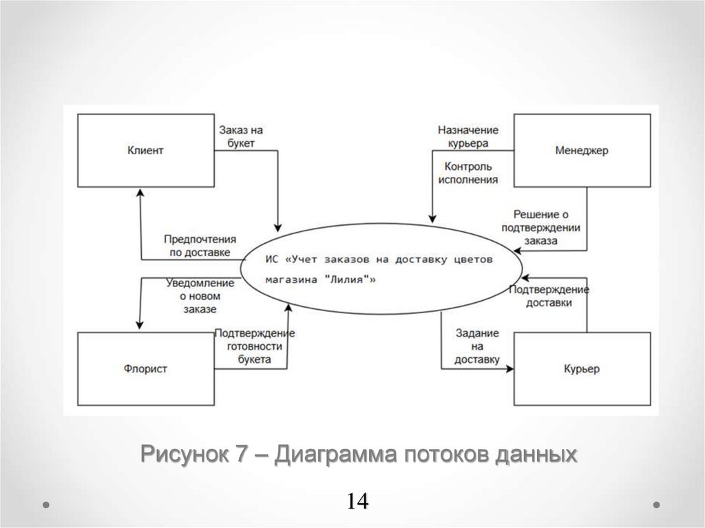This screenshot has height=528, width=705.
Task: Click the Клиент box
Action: click(x=145, y=150)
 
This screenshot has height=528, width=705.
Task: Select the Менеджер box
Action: click(x=582, y=150)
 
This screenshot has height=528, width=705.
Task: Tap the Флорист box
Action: click(x=145, y=370)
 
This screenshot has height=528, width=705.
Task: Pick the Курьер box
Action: click(x=582, y=370)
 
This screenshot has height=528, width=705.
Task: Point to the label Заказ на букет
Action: click(x=241, y=136)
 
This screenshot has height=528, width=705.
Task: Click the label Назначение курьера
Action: click(x=467, y=136)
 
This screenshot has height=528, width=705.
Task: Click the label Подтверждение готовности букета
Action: click(x=254, y=346)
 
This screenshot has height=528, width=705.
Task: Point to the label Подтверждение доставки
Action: click(x=549, y=295)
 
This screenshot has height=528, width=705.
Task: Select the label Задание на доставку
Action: click(x=477, y=346)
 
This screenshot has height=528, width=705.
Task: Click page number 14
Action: click(x=358, y=501)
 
